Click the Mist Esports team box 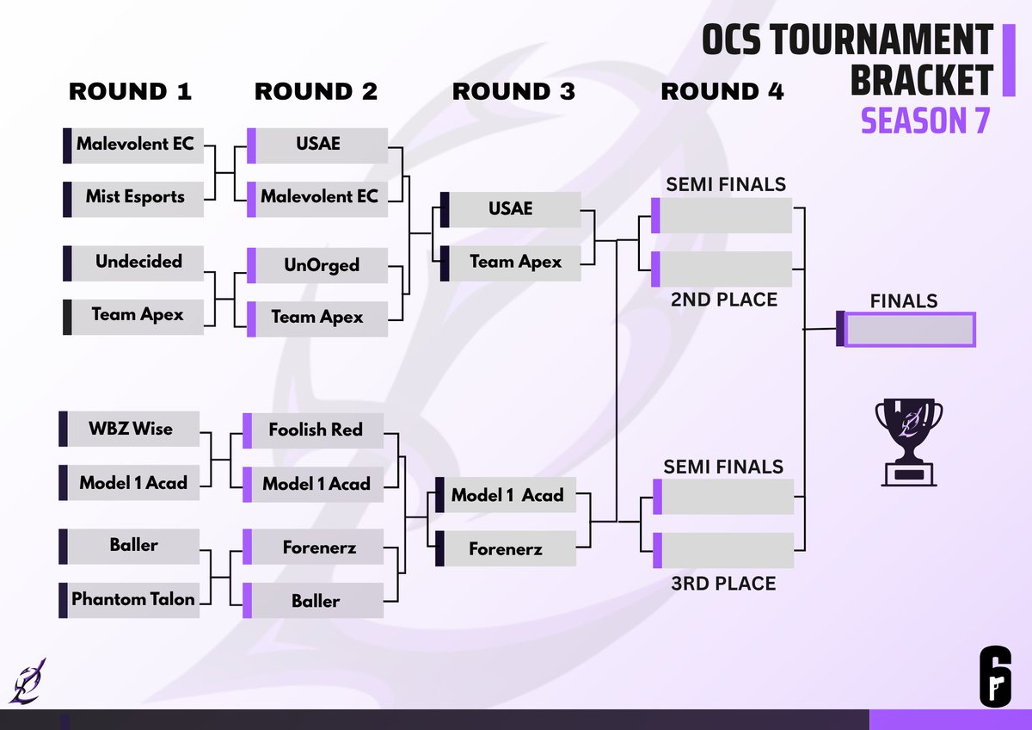[135, 197]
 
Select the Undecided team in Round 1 [138, 262]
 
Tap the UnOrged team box [321, 265]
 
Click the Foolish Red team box [316, 430]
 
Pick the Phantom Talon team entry [133, 599]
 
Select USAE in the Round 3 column [511, 209]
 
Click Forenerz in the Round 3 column [506, 548]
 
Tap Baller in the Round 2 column [316, 601]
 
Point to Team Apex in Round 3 [515, 262]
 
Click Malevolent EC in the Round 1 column [135, 145]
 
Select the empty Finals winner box [910, 330]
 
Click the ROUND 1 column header [130, 91]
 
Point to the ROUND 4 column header [722, 91]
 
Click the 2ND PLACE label [723, 300]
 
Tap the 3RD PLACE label [723, 584]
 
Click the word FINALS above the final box [903, 301]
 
